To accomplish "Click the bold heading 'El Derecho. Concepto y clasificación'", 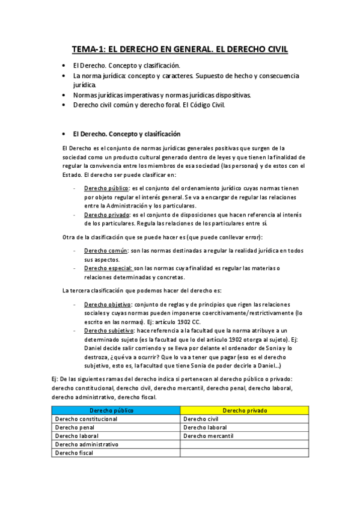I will point(127,134).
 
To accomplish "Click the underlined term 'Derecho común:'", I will point(106,250).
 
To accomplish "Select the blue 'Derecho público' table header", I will point(115,410).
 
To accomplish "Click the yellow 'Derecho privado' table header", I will point(245,410).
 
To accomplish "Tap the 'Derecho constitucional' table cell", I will point(85,419).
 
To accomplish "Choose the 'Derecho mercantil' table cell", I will point(208,436).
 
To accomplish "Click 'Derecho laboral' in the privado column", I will point(204,428).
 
